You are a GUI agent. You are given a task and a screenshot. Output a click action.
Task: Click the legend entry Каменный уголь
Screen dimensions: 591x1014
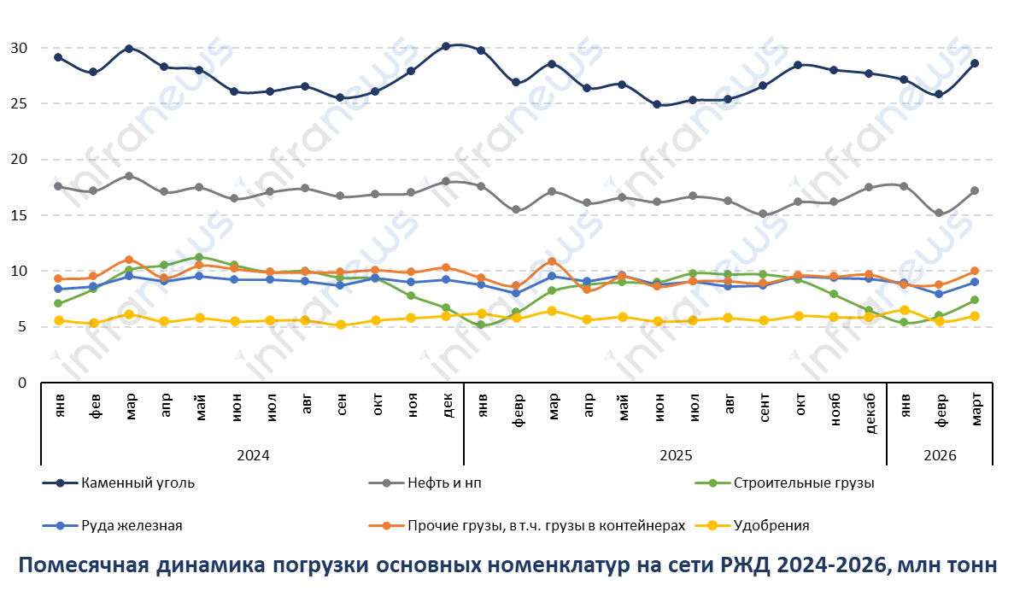(138, 483)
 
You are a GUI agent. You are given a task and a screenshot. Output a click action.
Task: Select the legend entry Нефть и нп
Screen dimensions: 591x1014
(441, 483)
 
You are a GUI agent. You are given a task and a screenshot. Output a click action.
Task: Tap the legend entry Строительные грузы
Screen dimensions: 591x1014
(803, 483)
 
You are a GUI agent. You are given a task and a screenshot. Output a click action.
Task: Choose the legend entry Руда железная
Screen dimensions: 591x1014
(132, 525)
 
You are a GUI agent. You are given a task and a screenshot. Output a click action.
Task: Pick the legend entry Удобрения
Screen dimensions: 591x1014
(771, 525)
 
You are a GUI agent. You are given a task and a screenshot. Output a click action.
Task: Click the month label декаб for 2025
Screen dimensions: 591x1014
(869, 413)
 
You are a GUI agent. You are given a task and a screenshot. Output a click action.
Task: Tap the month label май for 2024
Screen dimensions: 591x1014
(199, 404)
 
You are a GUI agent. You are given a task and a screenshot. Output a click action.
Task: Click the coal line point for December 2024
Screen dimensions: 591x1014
(446, 46)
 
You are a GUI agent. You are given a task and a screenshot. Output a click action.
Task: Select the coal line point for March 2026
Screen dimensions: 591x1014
(975, 63)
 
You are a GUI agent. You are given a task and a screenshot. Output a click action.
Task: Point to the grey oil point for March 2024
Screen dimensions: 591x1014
(129, 176)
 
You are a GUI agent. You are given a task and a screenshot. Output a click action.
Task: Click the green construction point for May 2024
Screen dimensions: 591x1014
(199, 257)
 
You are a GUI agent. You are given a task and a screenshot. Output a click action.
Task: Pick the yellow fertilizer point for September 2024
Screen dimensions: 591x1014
(341, 325)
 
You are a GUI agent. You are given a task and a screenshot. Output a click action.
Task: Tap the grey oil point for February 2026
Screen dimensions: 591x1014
(940, 213)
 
